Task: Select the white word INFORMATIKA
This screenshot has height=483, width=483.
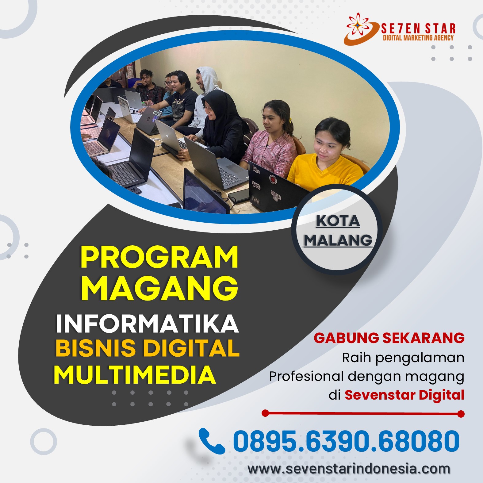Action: click(147, 324)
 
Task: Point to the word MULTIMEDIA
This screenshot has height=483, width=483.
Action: click(135, 374)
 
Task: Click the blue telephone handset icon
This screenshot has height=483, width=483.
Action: click(212, 441)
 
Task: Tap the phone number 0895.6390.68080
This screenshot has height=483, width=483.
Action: click(346, 441)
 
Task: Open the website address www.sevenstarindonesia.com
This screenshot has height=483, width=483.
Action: click(349, 469)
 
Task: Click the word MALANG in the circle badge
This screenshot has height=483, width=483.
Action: click(338, 240)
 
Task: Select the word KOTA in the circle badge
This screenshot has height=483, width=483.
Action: click(338, 221)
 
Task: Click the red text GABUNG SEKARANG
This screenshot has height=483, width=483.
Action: click(389, 338)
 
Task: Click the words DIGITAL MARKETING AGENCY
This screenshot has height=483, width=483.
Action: click(418, 38)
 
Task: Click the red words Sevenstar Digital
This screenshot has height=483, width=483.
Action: click(404, 395)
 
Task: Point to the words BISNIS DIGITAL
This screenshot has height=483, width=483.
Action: click(148, 348)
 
